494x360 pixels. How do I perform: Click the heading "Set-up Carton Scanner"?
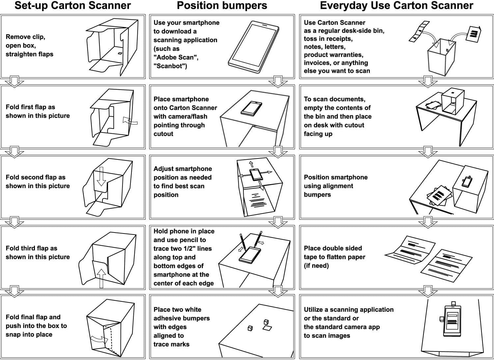coord(72,6)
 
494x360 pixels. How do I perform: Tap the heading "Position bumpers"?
coord(222,6)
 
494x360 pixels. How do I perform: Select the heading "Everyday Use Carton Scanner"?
coord(396,6)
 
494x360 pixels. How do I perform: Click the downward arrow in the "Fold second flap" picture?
coord(101,177)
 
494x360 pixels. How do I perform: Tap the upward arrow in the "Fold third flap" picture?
coord(101,277)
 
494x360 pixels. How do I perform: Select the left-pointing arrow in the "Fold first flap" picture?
coord(130,121)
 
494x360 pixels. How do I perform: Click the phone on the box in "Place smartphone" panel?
coord(251,108)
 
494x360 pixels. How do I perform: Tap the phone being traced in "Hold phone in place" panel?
coord(250,254)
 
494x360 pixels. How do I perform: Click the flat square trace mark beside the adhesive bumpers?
coord(267,328)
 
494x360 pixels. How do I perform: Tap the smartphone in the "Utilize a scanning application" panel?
coord(453,319)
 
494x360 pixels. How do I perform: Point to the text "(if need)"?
coord(316,265)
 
